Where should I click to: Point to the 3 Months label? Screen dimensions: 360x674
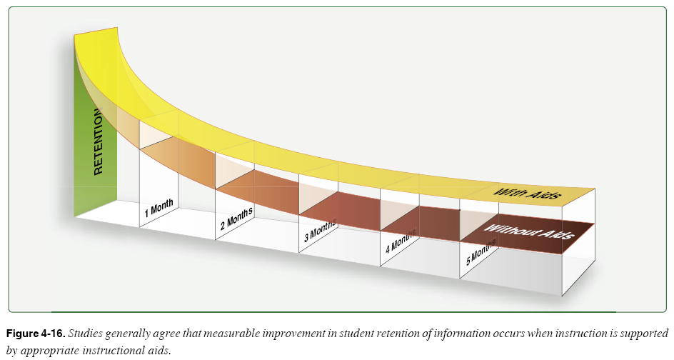coord(319,232)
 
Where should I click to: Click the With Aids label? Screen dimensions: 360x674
coord(528,192)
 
